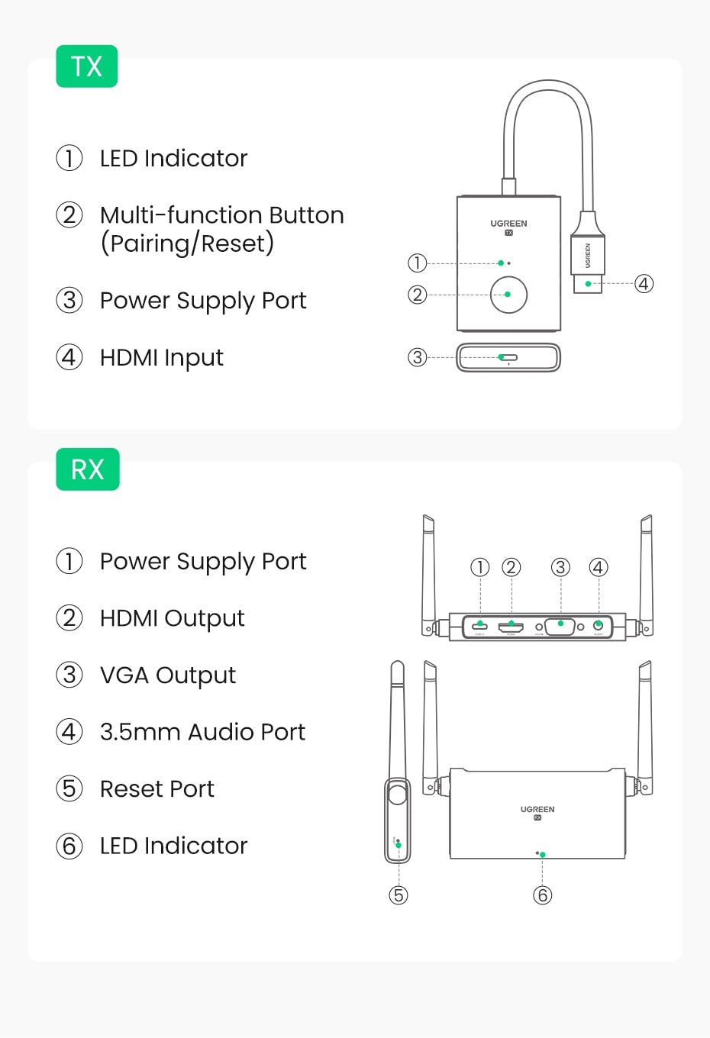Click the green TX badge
[86, 66]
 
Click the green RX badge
[87, 469]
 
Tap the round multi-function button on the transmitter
[508, 295]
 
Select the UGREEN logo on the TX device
[508, 224]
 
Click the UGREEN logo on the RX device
[537, 809]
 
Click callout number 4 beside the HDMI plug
[644, 284]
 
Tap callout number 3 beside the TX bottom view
[417, 357]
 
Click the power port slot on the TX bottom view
[508, 357]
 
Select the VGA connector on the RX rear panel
[561, 626]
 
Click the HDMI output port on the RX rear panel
[511, 627]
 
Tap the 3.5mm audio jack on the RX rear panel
[599, 627]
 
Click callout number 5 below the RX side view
[399, 895]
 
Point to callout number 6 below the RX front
[542, 895]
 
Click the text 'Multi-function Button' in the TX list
[221, 215]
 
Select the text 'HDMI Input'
[162, 357]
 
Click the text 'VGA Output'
[168, 675]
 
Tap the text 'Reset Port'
[157, 788]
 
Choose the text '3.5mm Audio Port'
[202, 732]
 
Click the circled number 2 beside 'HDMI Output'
[69, 617]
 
